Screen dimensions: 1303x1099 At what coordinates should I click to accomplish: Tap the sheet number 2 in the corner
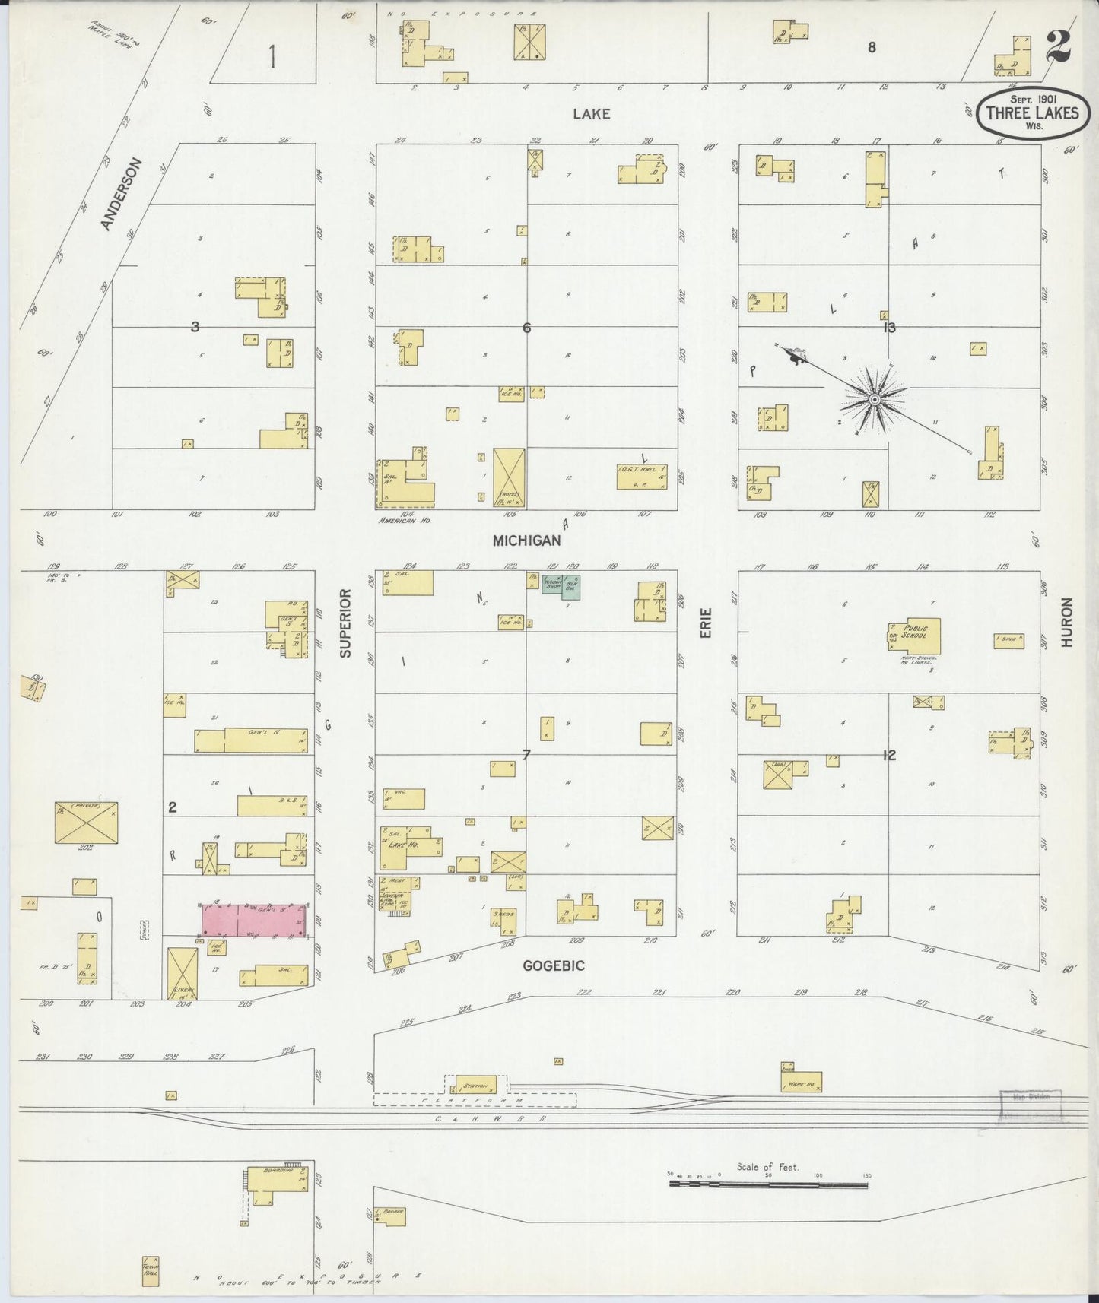1058,47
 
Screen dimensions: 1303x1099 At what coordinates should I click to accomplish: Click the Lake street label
592,114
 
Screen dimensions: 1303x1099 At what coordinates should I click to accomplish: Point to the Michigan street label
526,541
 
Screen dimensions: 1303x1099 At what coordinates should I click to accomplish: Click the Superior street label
346,623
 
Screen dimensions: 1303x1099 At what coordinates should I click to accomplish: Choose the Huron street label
1066,622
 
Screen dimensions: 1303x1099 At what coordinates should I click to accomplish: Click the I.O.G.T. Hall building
641,477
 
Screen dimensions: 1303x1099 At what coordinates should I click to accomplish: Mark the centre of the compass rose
875,399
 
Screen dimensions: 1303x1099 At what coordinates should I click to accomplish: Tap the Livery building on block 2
183,974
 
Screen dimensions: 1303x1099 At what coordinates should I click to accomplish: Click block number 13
889,328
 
